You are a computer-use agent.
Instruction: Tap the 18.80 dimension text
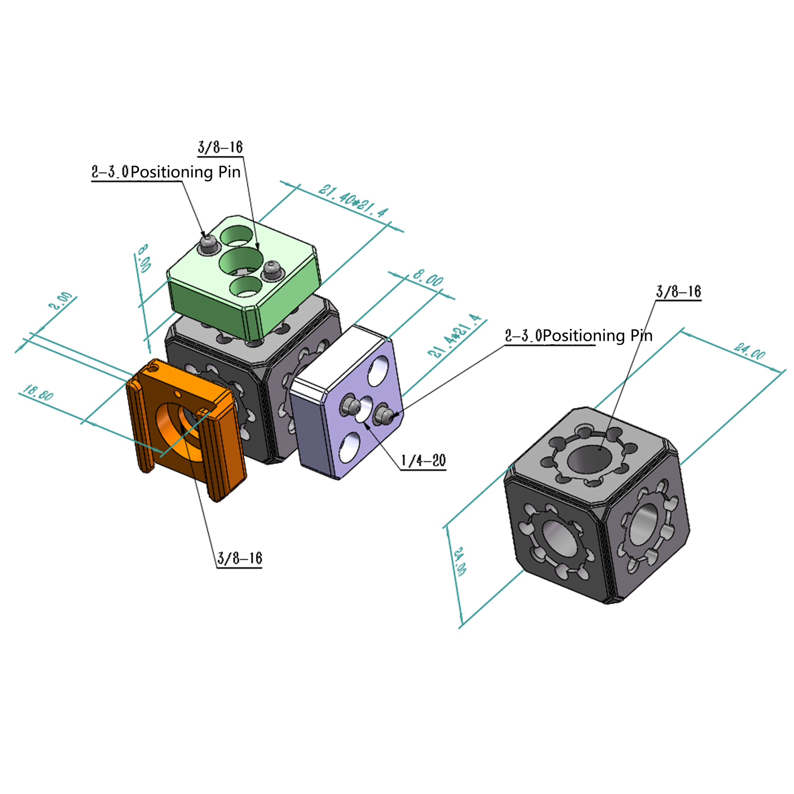[38, 392]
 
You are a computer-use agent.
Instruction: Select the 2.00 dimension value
[60, 300]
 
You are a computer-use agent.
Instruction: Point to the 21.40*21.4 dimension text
[353, 201]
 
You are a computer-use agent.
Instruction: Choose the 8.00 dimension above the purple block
[428, 279]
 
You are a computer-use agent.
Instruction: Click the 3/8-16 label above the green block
[220, 147]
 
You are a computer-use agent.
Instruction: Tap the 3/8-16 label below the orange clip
[240, 558]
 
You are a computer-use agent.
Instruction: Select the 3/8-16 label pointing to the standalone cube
[678, 292]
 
